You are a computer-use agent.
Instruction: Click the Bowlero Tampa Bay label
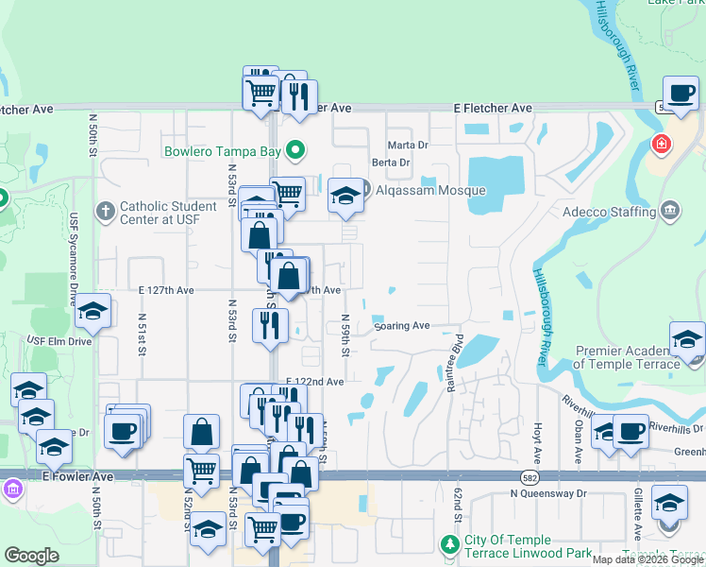[x=224, y=150]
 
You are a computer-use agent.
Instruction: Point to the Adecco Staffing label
[x=609, y=212]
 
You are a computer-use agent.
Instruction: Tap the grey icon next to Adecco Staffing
[x=669, y=209]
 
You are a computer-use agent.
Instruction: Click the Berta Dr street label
[x=390, y=163]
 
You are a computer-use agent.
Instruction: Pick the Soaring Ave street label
[x=402, y=326]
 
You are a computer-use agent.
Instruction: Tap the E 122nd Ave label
[x=315, y=382]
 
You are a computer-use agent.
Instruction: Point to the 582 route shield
[x=530, y=477]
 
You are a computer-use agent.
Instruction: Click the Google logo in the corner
[x=31, y=556]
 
